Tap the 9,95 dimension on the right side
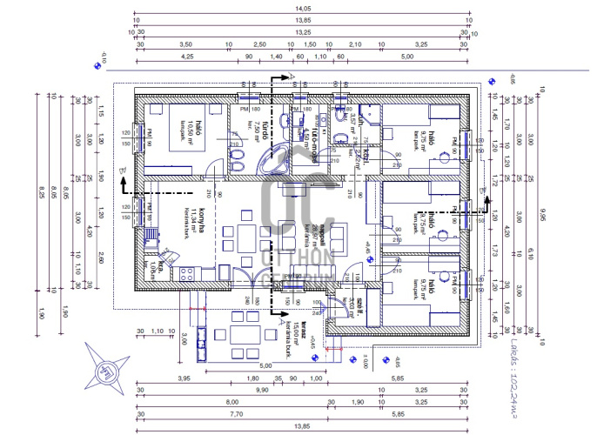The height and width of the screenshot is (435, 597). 542,212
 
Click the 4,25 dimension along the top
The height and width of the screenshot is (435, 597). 186,56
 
